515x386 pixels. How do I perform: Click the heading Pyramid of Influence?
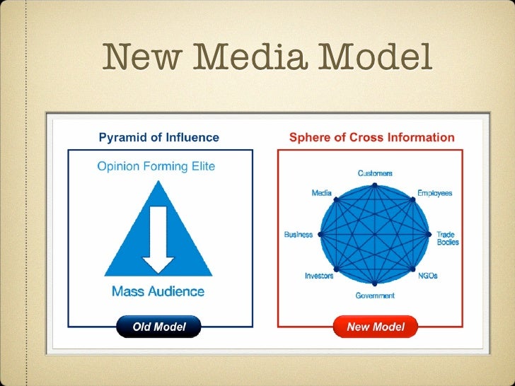tap(158, 137)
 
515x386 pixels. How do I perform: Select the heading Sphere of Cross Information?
tap(371, 137)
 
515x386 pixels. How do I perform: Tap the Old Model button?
tap(159, 327)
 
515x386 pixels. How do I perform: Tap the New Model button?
tap(376, 327)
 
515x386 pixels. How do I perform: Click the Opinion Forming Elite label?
tap(156, 167)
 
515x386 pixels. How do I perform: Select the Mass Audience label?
tap(158, 291)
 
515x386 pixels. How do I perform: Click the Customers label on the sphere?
tap(375, 173)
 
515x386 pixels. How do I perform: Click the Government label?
tap(375, 296)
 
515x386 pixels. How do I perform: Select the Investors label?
tap(319, 276)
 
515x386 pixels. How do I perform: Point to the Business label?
tap(299, 235)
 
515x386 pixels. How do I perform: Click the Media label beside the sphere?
tap(323, 193)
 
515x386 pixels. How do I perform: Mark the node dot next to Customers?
tap(375, 185)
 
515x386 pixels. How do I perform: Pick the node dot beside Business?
tap(320, 235)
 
